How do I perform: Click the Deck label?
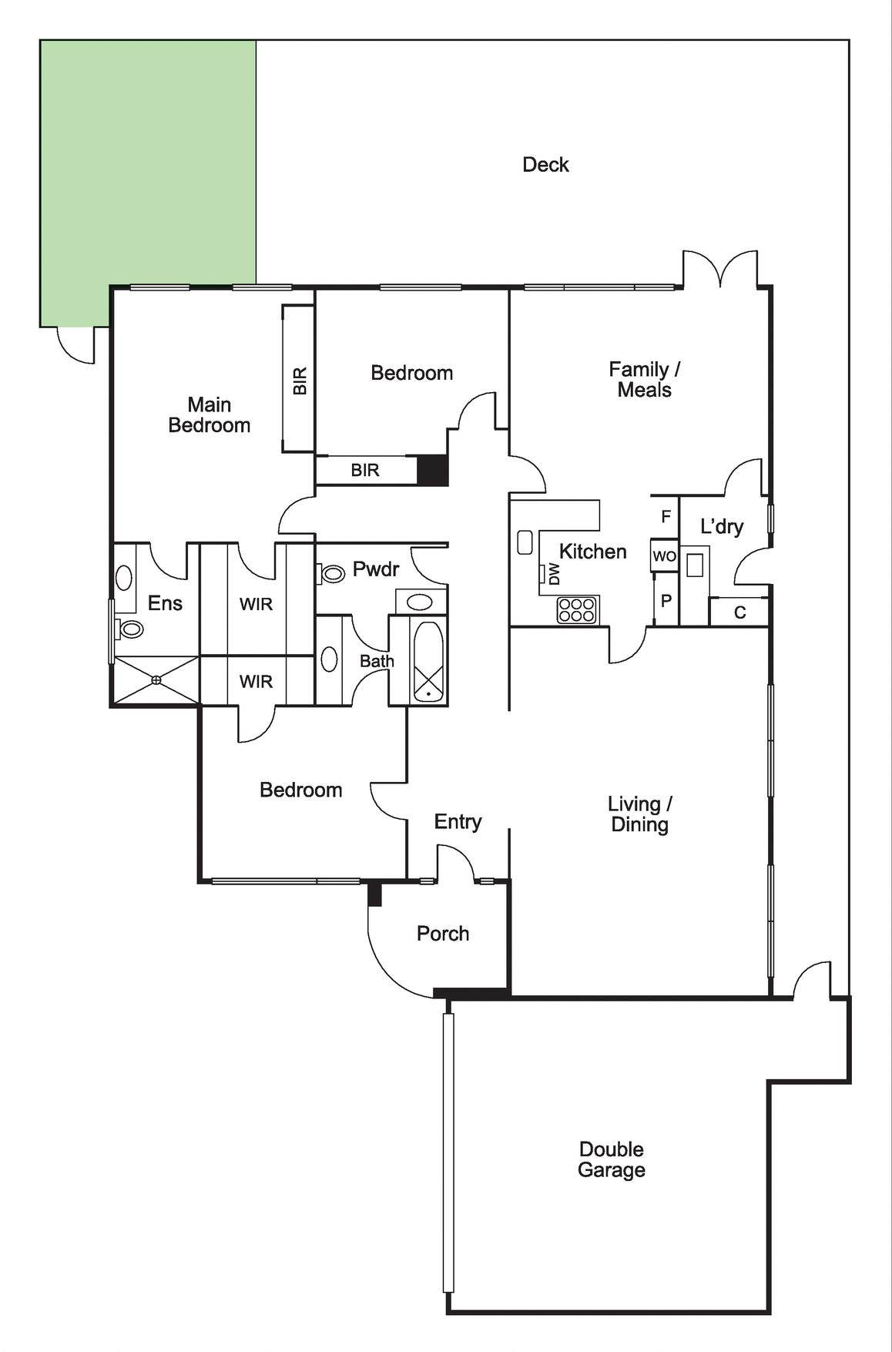click(545, 164)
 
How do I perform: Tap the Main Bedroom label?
click(210, 414)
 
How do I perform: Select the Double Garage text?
click(612, 1159)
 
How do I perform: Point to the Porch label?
click(443, 934)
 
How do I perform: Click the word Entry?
click(458, 822)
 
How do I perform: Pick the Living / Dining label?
click(639, 814)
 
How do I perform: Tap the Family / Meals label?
click(645, 380)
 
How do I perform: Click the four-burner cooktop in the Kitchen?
click(577, 610)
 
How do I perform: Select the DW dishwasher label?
click(555, 574)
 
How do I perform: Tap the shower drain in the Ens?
click(156, 679)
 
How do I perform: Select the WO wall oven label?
click(664, 556)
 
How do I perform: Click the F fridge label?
click(666, 517)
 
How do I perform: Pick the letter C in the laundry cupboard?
click(740, 612)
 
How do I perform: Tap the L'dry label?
click(722, 527)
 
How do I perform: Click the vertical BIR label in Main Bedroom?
click(300, 381)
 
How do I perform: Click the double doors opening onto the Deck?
click(720, 268)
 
